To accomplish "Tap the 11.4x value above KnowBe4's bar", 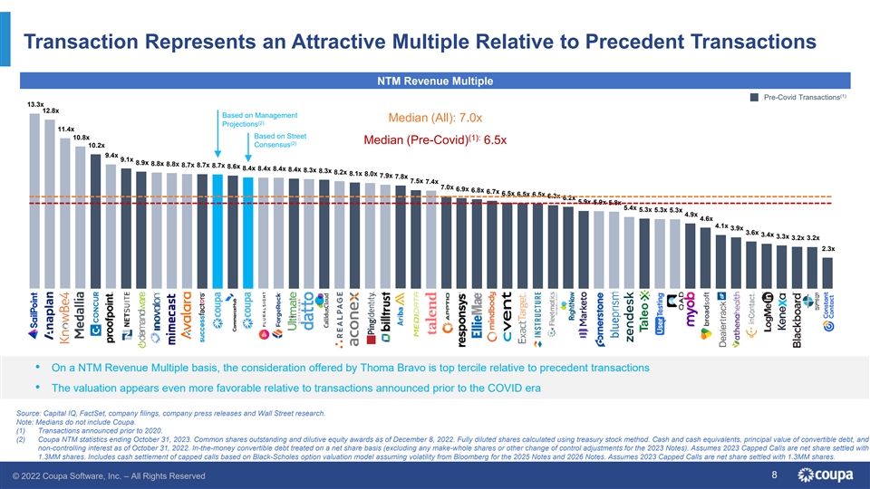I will (x=65, y=129).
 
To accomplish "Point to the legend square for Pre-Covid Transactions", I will (x=755, y=98).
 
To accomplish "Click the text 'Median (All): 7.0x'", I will (x=433, y=119).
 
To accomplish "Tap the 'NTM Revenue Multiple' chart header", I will (x=434, y=81).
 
